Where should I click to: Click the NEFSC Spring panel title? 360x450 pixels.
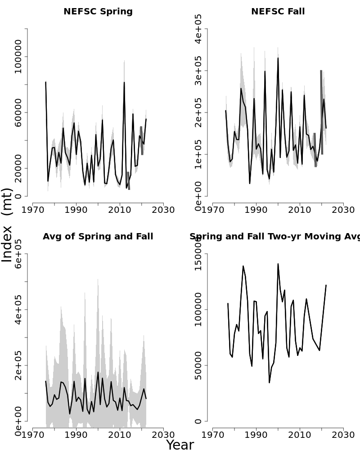98,12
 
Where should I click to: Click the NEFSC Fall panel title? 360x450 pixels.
278,12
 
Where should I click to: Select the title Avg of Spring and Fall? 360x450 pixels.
98,237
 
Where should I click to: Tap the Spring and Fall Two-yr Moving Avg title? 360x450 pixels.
274,237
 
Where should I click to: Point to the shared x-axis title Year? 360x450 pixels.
180,445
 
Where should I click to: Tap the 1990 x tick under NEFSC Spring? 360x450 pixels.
76,210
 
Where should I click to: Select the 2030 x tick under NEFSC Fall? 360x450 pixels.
343,210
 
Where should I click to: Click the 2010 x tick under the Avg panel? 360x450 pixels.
120,435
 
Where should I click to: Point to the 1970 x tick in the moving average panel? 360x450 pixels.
212,435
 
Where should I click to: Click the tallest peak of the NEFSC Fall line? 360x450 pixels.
278,58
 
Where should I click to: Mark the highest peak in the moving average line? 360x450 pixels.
278,264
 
